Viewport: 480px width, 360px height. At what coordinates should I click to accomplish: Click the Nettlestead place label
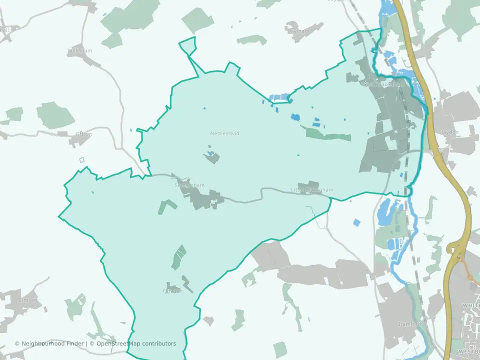[224, 133]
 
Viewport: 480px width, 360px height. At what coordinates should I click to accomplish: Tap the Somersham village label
[189, 185]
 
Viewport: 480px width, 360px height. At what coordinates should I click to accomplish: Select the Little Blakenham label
[312, 190]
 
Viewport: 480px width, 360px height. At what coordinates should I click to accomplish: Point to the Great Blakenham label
[383, 84]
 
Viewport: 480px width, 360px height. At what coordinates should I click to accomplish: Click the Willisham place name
[79, 51]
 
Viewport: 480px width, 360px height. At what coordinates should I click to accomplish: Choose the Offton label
[83, 134]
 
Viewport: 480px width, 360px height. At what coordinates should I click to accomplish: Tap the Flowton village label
[172, 290]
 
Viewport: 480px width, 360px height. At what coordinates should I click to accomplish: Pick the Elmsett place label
[28, 300]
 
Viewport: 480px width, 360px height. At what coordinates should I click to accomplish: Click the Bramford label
[408, 324]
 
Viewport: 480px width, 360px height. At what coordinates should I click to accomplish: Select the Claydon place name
[448, 132]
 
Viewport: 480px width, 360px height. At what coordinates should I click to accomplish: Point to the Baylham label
[298, 31]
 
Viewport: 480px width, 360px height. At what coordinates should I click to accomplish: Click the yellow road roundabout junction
[457, 248]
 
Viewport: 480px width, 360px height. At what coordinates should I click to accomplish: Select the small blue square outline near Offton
[82, 160]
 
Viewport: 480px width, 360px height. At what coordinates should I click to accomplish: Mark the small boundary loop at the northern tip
[187, 45]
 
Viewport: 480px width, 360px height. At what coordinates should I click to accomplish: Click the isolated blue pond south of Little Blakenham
[356, 222]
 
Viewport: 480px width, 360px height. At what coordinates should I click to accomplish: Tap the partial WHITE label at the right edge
[471, 305]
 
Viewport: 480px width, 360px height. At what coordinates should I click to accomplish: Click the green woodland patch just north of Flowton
[178, 257]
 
